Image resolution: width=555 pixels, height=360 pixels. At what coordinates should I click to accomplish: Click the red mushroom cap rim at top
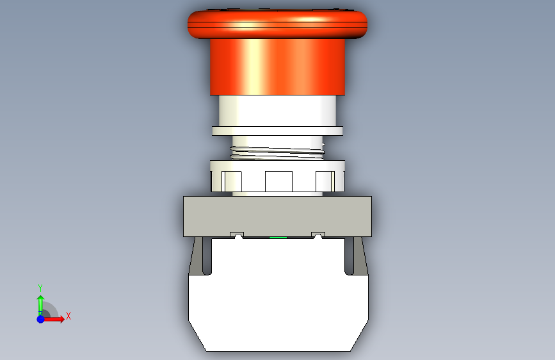(277, 24)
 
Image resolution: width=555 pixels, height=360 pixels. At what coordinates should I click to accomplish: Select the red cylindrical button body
(277, 67)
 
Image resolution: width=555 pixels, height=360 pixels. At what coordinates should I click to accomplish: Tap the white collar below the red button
(277, 111)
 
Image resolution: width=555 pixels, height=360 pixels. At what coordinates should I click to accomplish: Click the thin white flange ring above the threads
(277, 131)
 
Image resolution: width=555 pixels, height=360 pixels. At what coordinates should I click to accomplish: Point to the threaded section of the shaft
(277, 152)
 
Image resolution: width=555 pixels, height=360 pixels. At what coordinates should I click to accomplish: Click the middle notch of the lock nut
(278, 181)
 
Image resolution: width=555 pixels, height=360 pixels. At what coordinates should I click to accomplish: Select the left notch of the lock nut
(232, 181)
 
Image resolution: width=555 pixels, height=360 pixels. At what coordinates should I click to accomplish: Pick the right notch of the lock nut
(325, 181)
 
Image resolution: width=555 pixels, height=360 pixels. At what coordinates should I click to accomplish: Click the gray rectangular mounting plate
(277, 216)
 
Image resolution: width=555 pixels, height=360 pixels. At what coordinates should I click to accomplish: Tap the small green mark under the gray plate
(278, 238)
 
